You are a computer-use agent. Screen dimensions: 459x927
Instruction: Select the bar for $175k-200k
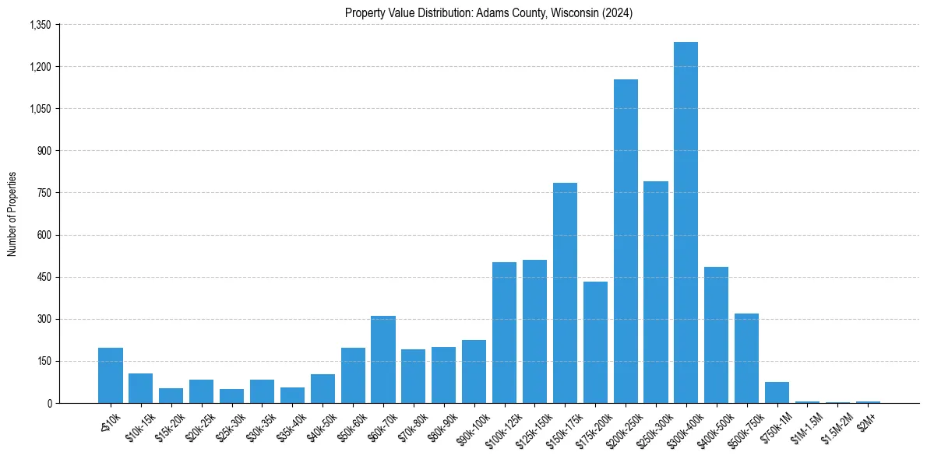click(595, 342)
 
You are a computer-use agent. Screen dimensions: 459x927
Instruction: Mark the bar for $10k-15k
click(141, 388)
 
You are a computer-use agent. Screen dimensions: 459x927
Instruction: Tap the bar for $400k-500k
click(716, 335)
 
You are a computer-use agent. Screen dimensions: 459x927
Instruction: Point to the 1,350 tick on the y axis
click(40, 25)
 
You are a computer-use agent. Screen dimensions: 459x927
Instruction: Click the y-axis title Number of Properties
click(12, 214)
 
